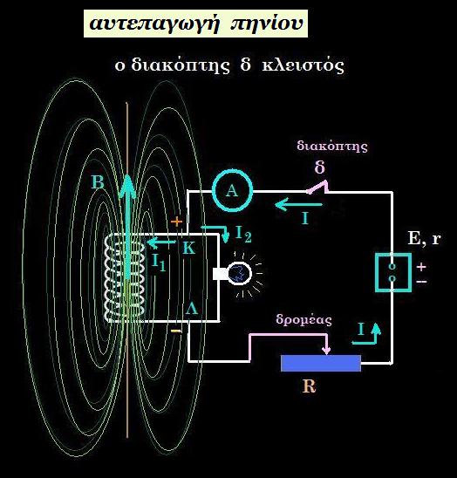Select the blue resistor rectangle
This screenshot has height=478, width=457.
(x=321, y=363)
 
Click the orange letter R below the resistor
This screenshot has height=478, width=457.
(x=309, y=386)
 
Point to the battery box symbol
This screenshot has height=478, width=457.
(x=393, y=272)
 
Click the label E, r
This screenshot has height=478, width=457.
(x=425, y=238)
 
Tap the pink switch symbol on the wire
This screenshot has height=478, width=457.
(x=318, y=188)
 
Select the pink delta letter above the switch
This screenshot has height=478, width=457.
(x=320, y=167)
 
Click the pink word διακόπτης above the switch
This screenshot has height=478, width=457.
(x=332, y=147)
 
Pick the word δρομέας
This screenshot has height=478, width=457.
(x=304, y=320)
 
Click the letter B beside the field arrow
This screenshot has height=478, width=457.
(x=99, y=182)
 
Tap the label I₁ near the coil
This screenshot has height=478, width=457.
(x=159, y=262)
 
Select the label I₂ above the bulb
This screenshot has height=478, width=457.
(x=244, y=234)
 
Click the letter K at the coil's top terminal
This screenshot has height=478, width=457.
(x=189, y=248)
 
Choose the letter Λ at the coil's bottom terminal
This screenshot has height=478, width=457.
(x=192, y=308)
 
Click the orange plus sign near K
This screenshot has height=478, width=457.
(x=176, y=222)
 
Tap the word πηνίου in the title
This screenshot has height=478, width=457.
(x=267, y=24)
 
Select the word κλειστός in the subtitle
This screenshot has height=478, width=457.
(x=303, y=65)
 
